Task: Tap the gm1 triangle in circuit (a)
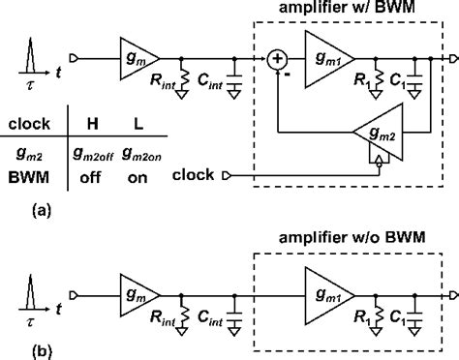(x=327, y=60)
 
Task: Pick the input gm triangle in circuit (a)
(x=137, y=60)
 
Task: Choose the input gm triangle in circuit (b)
(x=137, y=289)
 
